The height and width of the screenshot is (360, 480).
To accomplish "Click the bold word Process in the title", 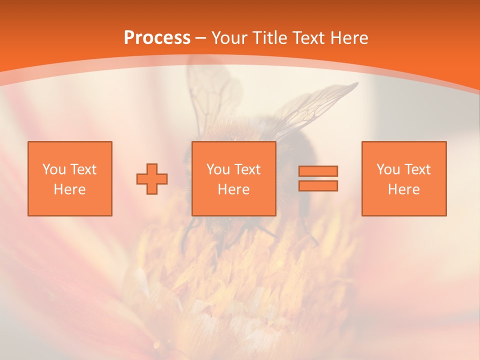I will (x=157, y=38).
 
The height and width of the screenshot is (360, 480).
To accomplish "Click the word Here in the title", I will (x=350, y=38).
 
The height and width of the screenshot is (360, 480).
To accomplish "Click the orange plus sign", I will (x=152, y=179).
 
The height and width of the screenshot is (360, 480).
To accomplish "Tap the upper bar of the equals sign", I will (x=318, y=171).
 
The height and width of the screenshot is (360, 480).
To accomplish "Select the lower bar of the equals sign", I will (x=318, y=186).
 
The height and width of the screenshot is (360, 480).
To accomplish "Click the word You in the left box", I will (x=54, y=169).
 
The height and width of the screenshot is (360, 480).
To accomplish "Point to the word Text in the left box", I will (x=83, y=169).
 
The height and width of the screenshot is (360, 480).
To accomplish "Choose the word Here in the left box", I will (x=69, y=189).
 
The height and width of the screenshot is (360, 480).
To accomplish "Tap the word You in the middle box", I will (x=218, y=169).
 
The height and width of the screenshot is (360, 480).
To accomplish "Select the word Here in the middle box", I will (x=233, y=189).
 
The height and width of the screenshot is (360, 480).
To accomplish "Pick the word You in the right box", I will (x=388, y=169).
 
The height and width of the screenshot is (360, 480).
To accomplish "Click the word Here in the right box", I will (x=403, y=189).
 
